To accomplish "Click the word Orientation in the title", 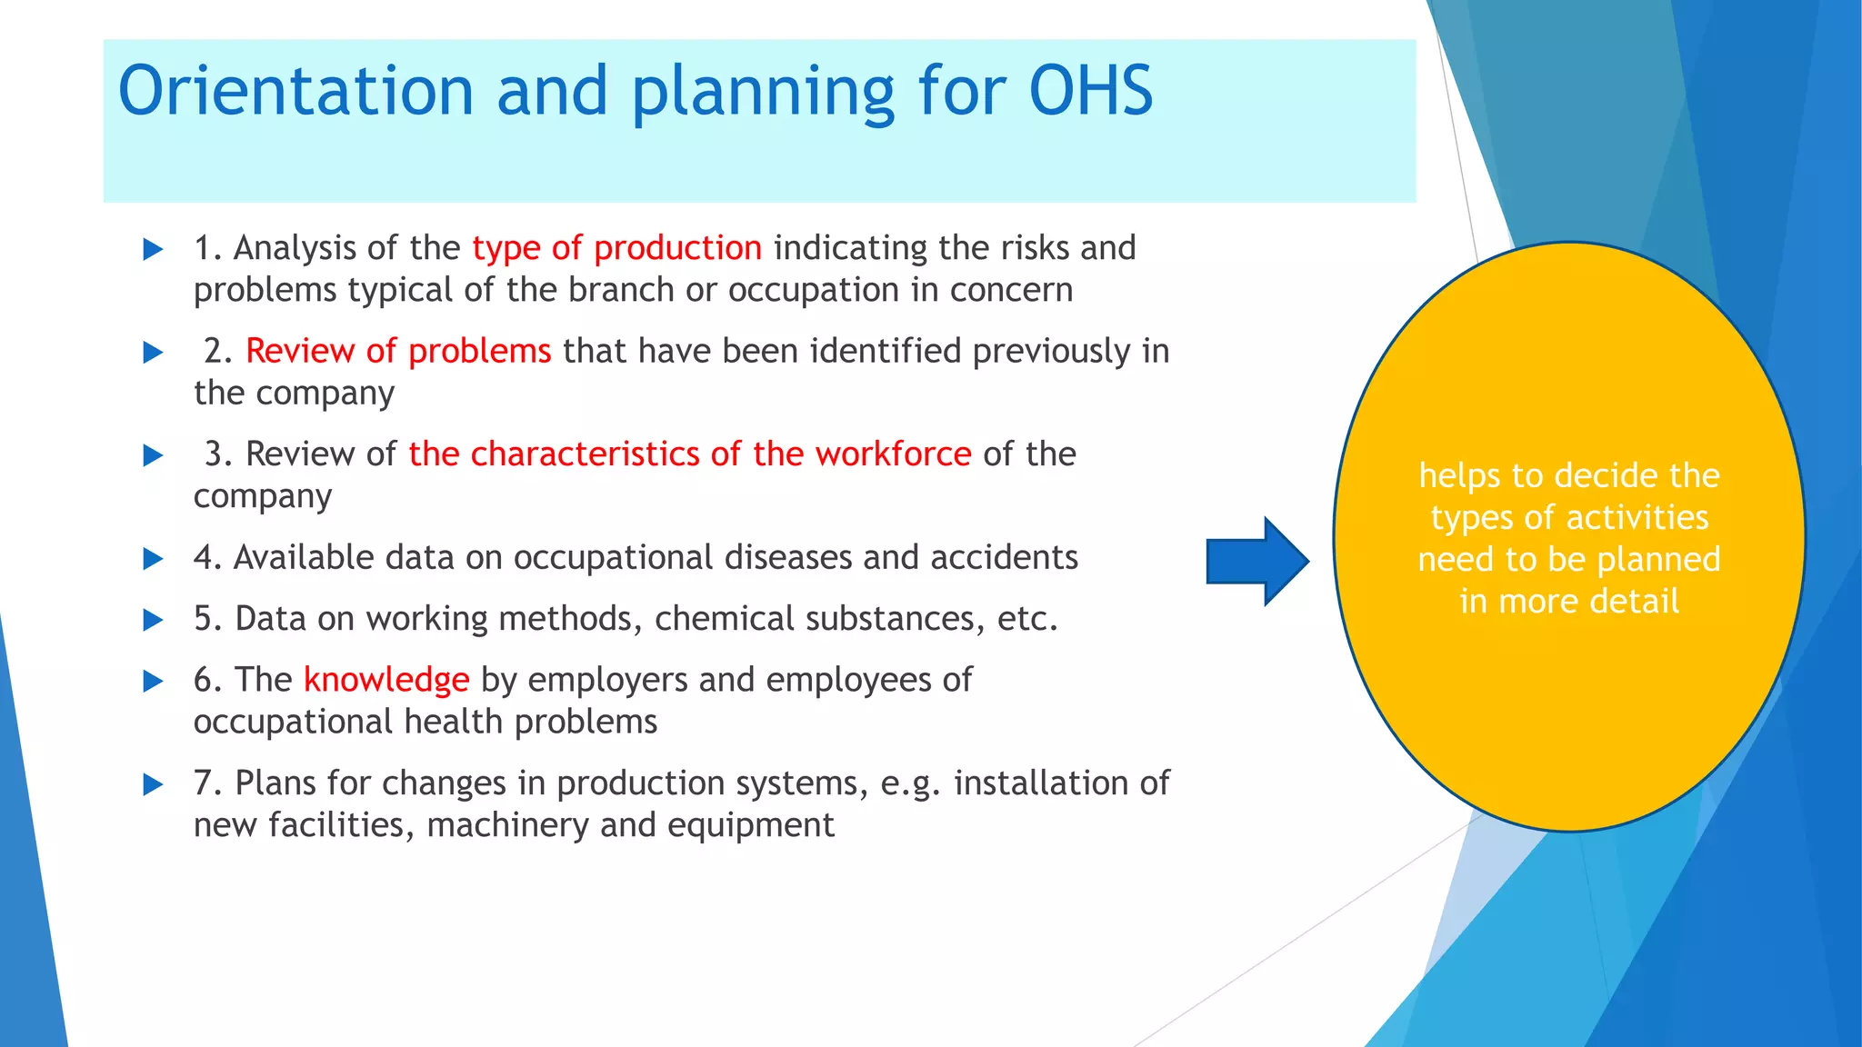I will click(x=295, y=91).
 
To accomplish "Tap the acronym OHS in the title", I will click(x=1090, y=91).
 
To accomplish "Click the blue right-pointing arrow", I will click(x=1256, y=562).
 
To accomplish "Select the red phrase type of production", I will click(x=616, y=248).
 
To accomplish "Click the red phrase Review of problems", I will click(x=398, y=351).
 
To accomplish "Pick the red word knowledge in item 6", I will click(x=386, y=680).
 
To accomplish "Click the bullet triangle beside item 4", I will click(x=153, y=559).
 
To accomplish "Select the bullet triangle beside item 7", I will click(x=153, y=784).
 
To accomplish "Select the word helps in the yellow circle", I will click(x=1459, y=476).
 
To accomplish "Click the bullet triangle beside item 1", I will click(x=153, y=250).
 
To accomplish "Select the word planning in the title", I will click(x=762, y=91).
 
